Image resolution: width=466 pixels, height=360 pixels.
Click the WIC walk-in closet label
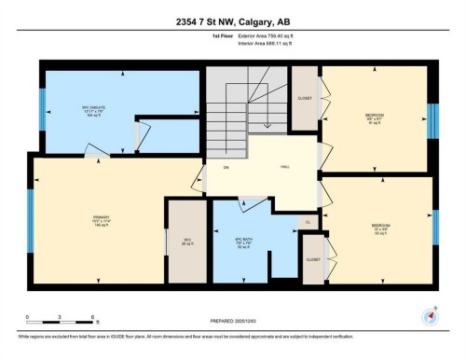tap(186, 237)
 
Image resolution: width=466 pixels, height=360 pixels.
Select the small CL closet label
tap(308, 222)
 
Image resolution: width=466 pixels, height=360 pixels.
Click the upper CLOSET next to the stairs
tap(303, 98)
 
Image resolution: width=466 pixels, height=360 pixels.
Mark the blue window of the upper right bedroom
tap(432, 120)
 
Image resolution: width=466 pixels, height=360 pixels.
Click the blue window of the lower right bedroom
tap(435, 229)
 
